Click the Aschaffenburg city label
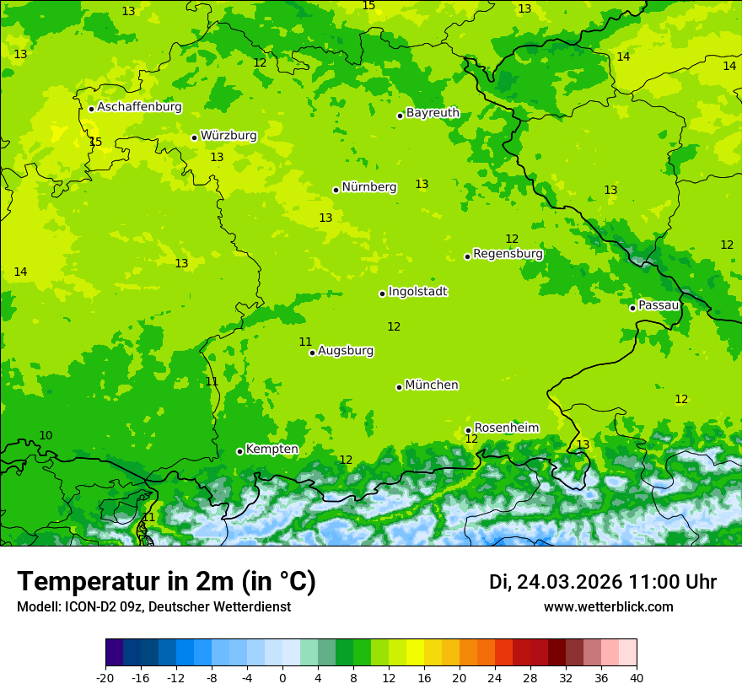pos(139,107)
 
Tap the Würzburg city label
pos(229,136)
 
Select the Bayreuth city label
pos(433,113)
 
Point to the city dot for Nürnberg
pos(336,190)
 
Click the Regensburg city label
pos(508,254)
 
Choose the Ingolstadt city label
pos(417,292)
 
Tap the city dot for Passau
pos(632,308)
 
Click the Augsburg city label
pos(346,351)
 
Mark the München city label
pos(432,385)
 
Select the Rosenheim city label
pos(506,428)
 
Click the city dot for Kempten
pos(239,451)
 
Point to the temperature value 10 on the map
pos(46,436)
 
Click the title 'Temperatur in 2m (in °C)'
pos(166,582)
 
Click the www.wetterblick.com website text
pos(608,607)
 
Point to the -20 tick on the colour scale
pos(105,678)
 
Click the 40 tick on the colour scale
pos(637,678)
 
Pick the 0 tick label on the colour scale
pos(282,678)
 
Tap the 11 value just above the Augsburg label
pos(305,342)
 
